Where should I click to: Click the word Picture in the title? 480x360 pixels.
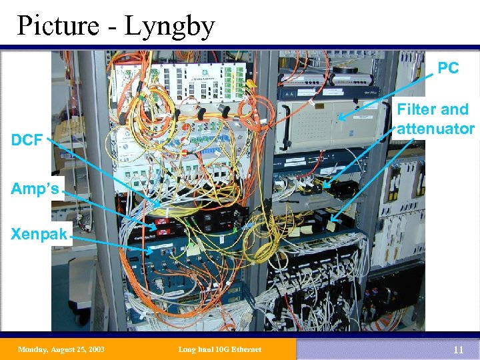(x=59, y=26)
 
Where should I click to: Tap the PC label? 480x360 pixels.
(x=448, y=68)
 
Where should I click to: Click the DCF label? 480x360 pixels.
(x=27, y=140)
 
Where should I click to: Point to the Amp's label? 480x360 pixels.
(x=34, y=189)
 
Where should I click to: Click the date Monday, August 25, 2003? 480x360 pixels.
(x=61, y=349)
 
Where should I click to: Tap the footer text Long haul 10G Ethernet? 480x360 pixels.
(x=221, y=349)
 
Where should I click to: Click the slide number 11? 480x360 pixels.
(x=457, y=349)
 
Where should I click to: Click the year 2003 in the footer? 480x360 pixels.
(x=95, y=349)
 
